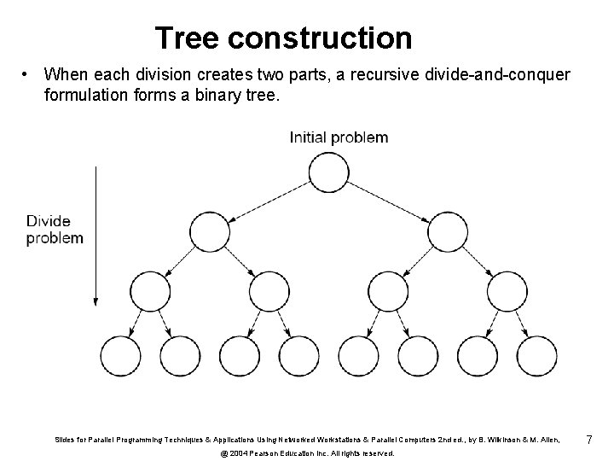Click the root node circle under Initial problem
(328, 173)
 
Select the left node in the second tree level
(209, 230)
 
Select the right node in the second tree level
(448, 230)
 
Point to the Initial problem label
(339, 137)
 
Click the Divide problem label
(55, 230)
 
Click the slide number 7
(588, 440)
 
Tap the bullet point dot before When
(27, 74)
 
